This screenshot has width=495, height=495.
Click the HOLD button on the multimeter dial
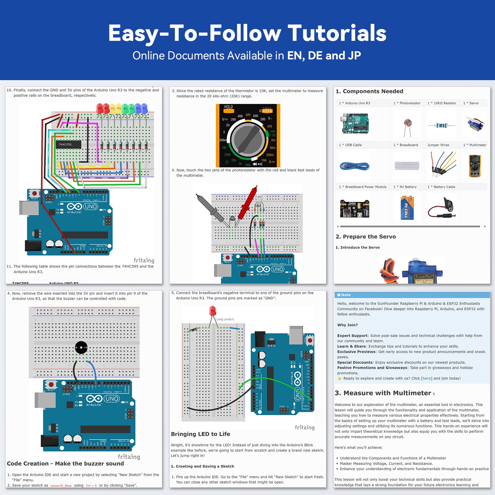click(228, 107)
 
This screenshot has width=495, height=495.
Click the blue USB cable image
click(355, 166)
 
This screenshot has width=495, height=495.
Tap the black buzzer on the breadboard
click(81, 348)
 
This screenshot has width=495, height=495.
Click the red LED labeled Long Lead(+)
click(213, 311)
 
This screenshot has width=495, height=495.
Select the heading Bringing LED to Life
click(200, 434)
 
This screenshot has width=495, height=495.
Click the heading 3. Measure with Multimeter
click(383, 393)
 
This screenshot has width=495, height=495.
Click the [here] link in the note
click(427, 378)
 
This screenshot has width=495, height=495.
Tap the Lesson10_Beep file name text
click(61, 485)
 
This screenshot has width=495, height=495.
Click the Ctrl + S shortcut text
click(91, 485)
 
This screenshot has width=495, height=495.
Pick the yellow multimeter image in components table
click(475, 166)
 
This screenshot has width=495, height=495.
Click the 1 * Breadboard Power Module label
click(363, 187)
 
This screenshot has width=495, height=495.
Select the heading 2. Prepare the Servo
click(366, 237)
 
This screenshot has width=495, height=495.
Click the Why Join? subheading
click(347, 325)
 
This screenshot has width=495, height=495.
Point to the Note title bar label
click(346, 295)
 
